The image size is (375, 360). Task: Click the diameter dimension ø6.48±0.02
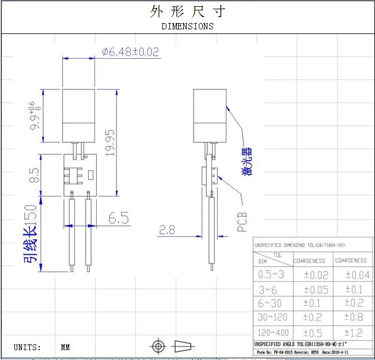tap(131, 52)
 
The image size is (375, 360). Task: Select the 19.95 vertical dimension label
tap(110, 142)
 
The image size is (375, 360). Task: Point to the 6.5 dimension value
tap(118, 218)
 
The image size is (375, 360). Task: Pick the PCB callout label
tap(242, 221)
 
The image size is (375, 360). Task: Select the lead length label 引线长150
tap(31, 233)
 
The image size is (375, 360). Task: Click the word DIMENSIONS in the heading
tap(187, 26)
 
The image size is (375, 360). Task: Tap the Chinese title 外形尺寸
tap(187, 11)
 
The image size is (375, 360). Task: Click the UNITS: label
tap(27, 347)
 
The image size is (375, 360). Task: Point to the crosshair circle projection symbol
tap(157, 346)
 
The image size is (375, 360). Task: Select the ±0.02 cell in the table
tap(314, 275)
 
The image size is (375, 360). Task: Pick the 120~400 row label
tap(273, 333)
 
